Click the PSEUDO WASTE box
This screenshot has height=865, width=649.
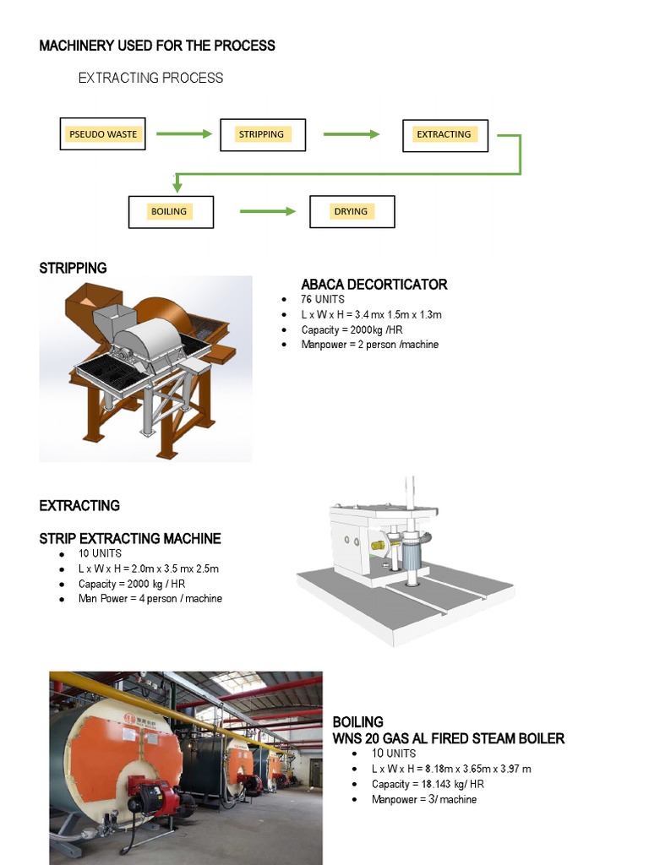click(x=103, y=134)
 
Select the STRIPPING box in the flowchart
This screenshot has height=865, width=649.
click(x=262, y=134)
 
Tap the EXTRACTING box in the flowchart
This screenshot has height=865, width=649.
click(x=444, y=134)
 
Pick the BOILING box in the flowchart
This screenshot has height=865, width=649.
click(x=170, y=211)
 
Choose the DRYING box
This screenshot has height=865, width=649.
click(x=352, y=211)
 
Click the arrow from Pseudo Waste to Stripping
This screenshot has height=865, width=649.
click(x=183, y=133)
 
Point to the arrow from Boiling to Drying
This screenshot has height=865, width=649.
click(x=268, y=211)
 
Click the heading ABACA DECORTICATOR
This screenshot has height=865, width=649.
click(x=374, y=285)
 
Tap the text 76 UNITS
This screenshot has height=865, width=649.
click(x=323, y=300)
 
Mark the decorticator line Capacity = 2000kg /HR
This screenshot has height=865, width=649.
click(x=352, y=329)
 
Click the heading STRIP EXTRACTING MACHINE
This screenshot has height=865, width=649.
click(x=130, y=538)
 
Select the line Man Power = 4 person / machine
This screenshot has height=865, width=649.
click(x=150, y=598)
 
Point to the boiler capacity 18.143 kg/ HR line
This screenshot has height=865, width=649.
click(x=428, y=784)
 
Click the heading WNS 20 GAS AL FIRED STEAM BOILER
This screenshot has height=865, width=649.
click(x=448, y=738)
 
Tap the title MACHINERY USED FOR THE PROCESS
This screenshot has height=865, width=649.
click(x=157, y=46)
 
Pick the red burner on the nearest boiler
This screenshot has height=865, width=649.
click(x=152, y=794)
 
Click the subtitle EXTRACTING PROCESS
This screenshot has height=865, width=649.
click(x=150, y=78)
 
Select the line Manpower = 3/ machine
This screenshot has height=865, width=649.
click(x=424, y=799)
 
